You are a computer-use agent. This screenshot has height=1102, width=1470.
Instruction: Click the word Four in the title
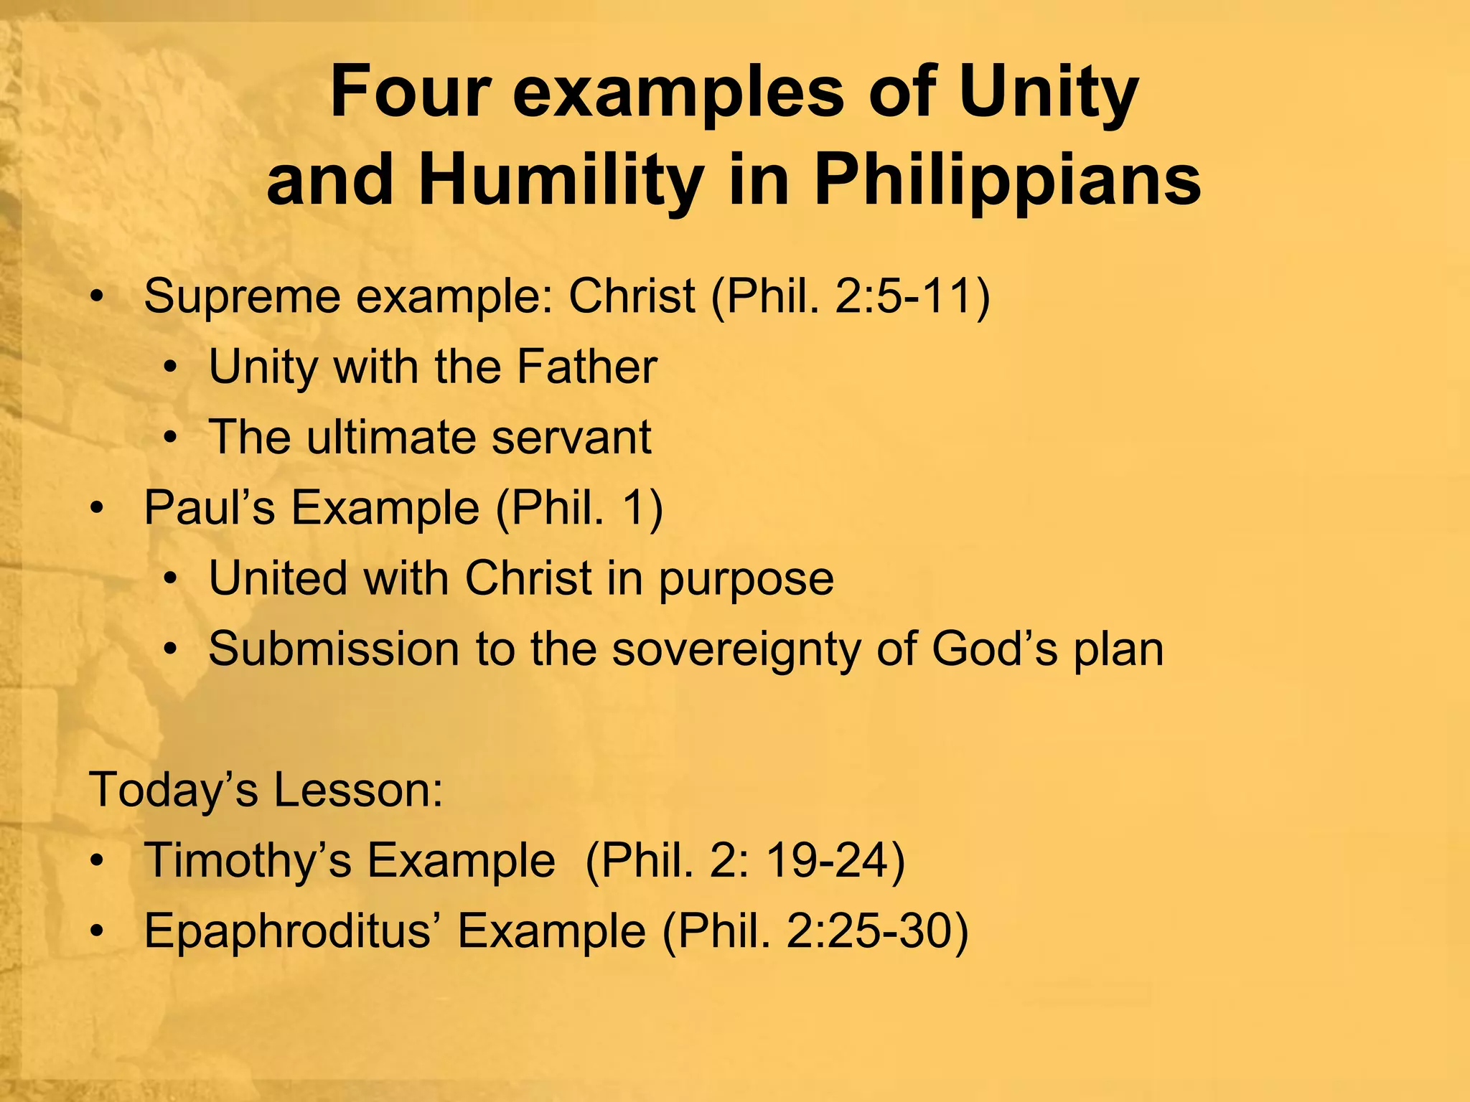pos(410,93)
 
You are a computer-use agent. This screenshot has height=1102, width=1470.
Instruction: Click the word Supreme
pos(242,296)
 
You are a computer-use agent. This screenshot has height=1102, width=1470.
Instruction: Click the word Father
pos(586,367)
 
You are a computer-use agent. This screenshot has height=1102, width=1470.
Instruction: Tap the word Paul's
pos(210,508)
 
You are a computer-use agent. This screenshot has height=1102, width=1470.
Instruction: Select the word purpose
pos(746,579)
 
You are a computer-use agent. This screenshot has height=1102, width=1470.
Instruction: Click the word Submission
pos(334,649)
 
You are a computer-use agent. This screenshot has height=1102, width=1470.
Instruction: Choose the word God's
pos(994,649)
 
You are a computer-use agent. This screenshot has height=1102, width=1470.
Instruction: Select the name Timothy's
pos(248,860)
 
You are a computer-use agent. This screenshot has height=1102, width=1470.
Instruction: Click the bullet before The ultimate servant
pos(169,438)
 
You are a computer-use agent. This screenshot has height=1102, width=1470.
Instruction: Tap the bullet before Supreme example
pos(98,297)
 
